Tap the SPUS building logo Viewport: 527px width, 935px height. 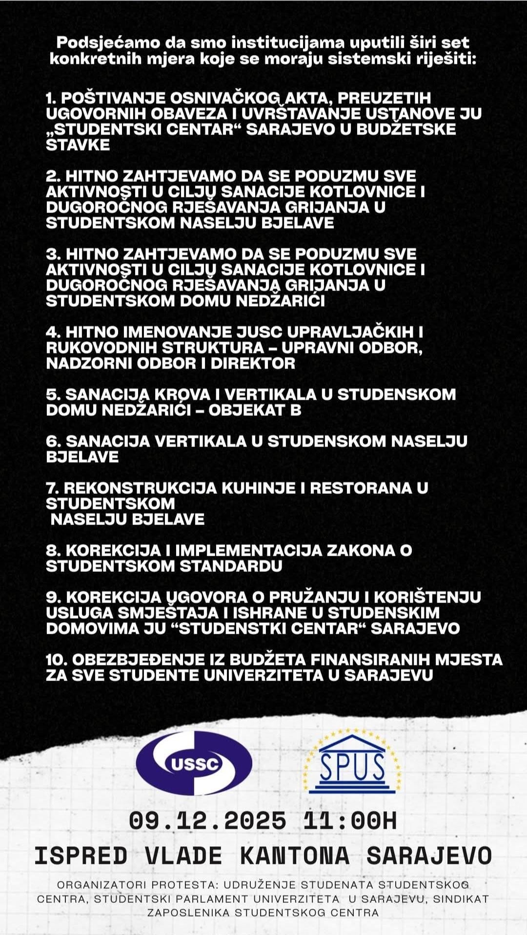point(353,762)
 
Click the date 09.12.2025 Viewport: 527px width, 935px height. point(207,821)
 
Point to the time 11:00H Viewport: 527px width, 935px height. point(350,821)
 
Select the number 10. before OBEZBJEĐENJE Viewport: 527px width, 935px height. point(56,660)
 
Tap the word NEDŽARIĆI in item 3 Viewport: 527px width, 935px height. point(280,301)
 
